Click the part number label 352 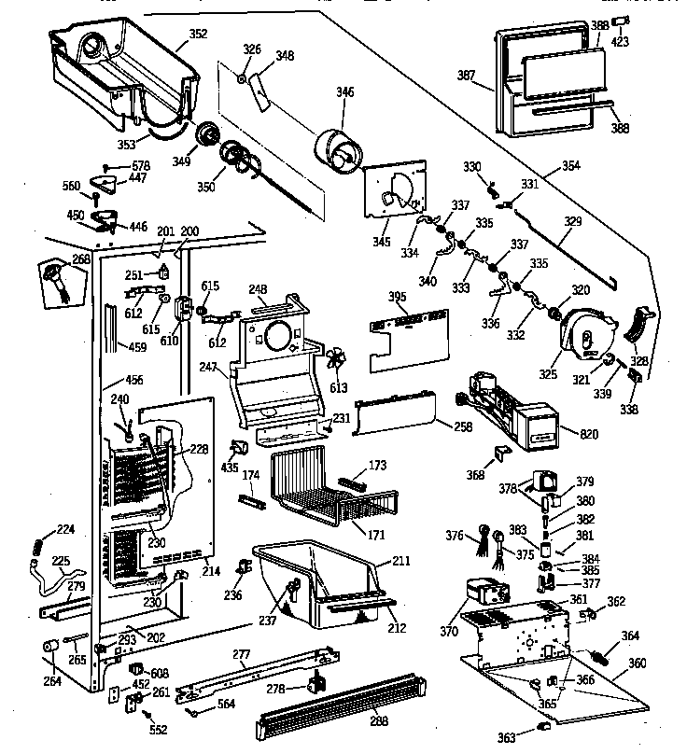198,35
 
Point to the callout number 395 398,297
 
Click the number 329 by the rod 572,221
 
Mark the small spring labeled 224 38,546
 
